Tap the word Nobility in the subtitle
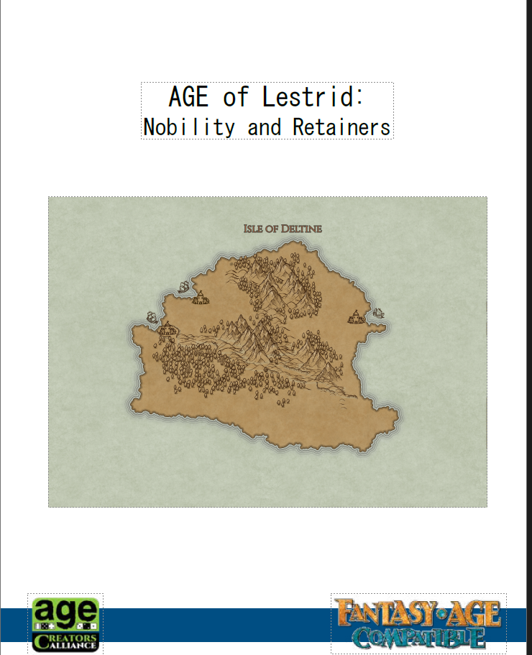pos(189,127)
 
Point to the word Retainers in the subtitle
pos(341,127)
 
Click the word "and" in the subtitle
pos(264,128)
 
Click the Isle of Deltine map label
pos(283,229)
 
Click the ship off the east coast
pos(377,313)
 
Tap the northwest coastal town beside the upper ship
pos(200,297)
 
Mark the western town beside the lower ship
pos(167,330)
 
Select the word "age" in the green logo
pos(65,611)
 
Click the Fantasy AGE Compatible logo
pos(418,623)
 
